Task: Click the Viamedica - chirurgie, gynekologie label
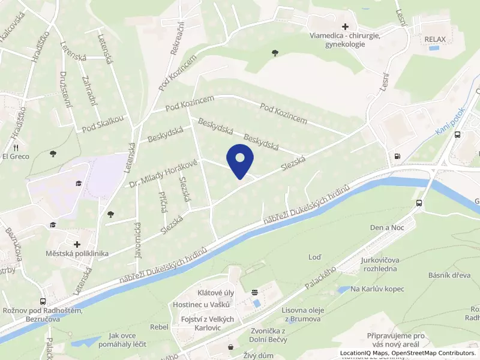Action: pyautogui.click(x=344, y=40)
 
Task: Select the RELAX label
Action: pyautogui.click(x=436, y=40)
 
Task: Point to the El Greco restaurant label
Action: pyautogui.click(x=16, y=157)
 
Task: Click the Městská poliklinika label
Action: pyautogui.click(x=77, y=253)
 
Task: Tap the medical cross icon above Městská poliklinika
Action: pyautogui.click(x=77, y=244)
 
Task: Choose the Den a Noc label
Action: pyautogui.click(x=386, y=228)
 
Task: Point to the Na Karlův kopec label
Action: pyautogui.click(x=377, y=289)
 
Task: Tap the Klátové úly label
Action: pyautogui.click(x=214, y=293)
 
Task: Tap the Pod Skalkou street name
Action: pyautogui.click(x=103, y=128)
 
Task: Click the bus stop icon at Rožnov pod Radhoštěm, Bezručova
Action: pyautogui.click(x=43, y=301)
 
